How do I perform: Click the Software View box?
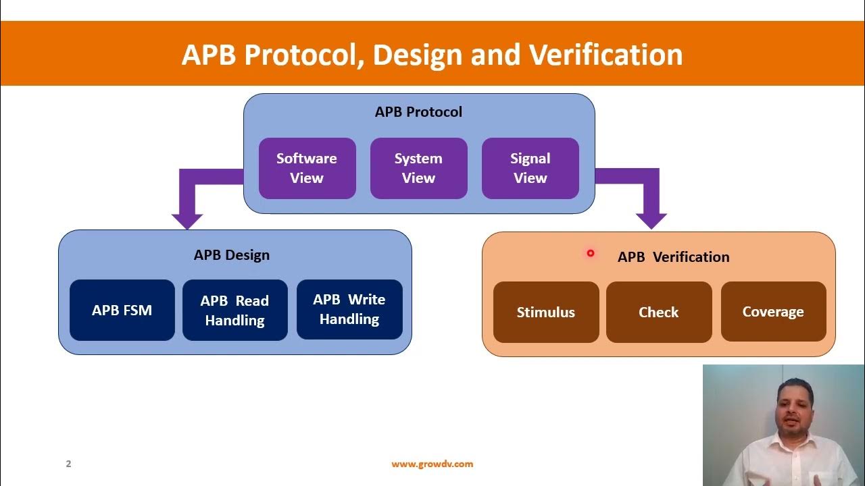(x=307, y=168)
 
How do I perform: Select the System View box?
(x=418, y=168)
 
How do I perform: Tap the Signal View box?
(x=530, y=168)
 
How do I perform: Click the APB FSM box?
(x=122, y=310)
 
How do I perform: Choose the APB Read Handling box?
(x=234, y=310)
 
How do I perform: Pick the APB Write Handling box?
(x=349, y=309)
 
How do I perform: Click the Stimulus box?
(x=545, y=312)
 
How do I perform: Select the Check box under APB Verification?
(x=658, y=312)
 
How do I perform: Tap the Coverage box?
(x=773, y=311)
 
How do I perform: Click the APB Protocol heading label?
(x=418, y=112)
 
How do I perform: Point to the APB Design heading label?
(x=231, y=255)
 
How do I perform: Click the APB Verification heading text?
(x=673, y=257)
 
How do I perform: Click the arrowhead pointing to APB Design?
(x=187, y=220)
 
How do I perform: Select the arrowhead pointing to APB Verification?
(x=651, y=220)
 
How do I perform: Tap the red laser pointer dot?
(x=590, y=253)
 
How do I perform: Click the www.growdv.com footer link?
(x=432, y=464)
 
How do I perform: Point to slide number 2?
(x=68, y=464)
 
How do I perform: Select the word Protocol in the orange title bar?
(x=300, y=55)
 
